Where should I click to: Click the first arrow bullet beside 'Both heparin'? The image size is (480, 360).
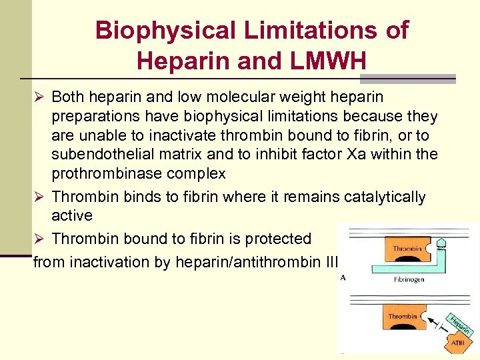39,97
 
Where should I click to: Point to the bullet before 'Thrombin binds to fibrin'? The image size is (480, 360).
39,197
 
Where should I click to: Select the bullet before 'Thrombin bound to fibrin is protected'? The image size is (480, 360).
39,239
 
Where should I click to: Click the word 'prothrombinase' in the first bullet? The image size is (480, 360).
99,175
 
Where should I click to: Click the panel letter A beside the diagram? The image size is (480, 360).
343,278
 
